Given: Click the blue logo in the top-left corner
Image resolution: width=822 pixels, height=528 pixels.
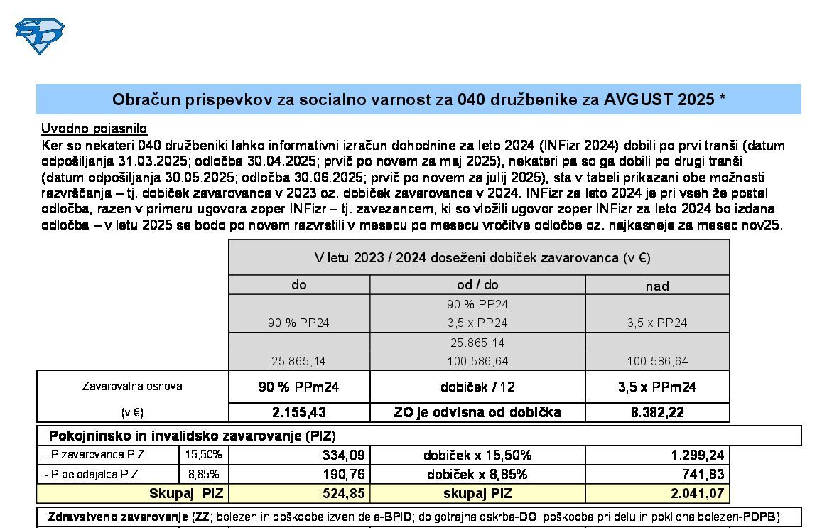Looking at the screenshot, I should point(39,35).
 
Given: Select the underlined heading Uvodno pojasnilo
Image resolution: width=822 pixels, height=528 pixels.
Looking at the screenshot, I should point(94,129).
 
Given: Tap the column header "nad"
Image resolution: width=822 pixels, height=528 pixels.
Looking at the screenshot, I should point(657,286).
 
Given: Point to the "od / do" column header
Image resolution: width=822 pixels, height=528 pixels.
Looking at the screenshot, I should point(477,285).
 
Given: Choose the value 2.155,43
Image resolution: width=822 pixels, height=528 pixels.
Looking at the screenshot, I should point(298,412).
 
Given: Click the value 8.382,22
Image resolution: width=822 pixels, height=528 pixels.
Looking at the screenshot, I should point(657,412).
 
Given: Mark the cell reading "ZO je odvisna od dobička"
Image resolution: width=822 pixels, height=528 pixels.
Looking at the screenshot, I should point(477,412).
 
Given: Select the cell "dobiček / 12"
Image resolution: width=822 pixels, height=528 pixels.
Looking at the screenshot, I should point(477,387).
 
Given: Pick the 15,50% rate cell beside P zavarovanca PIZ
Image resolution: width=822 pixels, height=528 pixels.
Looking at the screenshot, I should point(203,455).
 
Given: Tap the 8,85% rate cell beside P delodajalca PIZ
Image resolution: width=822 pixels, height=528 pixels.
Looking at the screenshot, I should point(203,474).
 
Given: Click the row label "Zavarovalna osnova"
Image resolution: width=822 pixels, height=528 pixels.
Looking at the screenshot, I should point(132,387).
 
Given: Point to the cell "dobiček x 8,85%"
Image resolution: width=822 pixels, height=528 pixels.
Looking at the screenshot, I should point(477,474).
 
